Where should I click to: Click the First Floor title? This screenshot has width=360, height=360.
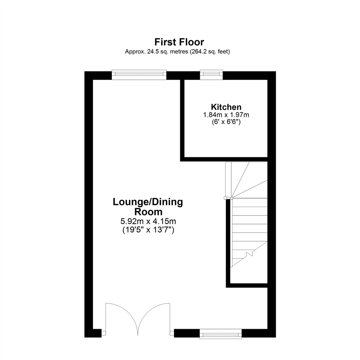tap(179, 42)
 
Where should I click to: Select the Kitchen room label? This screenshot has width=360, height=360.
tap(226, 107)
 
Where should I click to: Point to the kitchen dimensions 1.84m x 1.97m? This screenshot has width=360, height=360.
tap(226, 115)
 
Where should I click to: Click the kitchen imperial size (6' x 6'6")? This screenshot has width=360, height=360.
tap(226, 122)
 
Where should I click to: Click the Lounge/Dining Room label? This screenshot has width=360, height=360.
tap(148, 202)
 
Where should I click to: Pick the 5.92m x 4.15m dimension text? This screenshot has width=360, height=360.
tap(148, 221)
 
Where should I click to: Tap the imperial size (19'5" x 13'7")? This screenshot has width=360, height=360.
tap(148, 230)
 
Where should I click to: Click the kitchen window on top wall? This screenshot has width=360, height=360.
tap(211, 75)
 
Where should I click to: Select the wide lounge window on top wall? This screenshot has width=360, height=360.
tap(139, 75)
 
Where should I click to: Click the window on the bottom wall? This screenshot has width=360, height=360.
tap(221, 333)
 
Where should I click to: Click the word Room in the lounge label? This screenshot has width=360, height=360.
tap(148, 212)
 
